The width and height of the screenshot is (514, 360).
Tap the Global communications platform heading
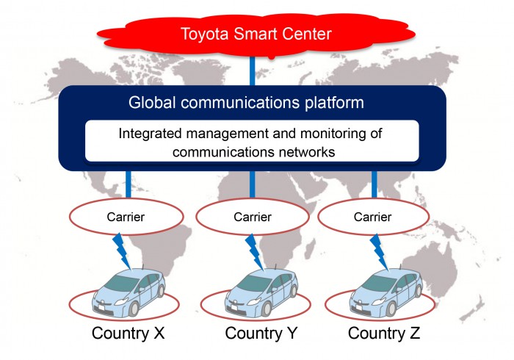point(246,102)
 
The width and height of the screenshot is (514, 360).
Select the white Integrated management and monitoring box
point(252,140)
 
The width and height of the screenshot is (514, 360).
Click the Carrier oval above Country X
point(127,216)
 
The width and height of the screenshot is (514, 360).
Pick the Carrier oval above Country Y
point(252,216)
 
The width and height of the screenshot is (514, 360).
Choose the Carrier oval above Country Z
point(374,216)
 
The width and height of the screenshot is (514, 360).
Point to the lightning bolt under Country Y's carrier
point(253,250)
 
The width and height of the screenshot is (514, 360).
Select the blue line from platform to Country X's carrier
point(127,183)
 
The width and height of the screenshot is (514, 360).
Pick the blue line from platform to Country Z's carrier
point(374,183)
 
